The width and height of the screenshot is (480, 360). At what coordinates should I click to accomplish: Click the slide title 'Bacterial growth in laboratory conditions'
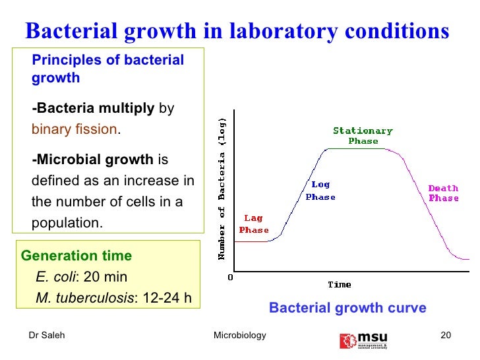pos(236,31)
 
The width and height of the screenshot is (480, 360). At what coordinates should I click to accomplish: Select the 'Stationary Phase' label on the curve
pos(363,136)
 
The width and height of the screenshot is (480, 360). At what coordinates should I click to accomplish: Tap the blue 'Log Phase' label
pos(320,191)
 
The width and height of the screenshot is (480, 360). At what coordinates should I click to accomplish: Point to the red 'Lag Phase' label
pos(254,224)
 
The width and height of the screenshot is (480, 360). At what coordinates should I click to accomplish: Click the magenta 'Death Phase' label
pos(443,193)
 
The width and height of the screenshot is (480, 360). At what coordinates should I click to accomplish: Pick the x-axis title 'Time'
pos(340,285)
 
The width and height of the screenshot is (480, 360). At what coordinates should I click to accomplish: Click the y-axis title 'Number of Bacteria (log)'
pos(222,188)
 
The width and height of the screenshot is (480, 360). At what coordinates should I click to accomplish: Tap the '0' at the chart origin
pos(230,277)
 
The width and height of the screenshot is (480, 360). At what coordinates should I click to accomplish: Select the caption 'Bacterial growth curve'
pos(347,308)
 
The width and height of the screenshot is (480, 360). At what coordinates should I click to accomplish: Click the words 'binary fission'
pos(74,129)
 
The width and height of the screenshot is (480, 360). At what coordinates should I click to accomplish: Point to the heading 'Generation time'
pos(76,256)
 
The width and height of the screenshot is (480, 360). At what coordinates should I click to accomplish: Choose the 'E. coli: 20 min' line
pos(82,277)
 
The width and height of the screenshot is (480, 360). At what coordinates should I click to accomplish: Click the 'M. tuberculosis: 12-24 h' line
pos(113,298)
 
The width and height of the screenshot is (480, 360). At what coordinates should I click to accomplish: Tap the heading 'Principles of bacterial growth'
pos(107,69)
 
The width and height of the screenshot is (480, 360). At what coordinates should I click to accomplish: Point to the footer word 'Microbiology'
pos(240,336)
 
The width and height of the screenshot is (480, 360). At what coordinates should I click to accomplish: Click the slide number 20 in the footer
pos(445,336)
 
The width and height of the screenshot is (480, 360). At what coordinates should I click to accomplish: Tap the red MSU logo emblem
pos(347,340)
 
